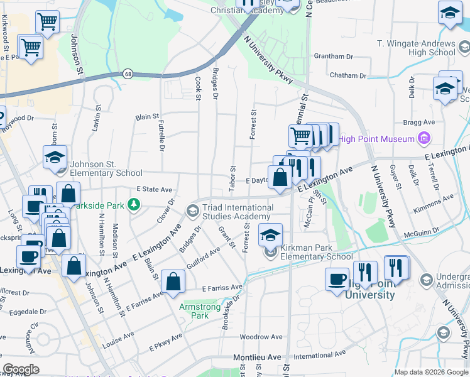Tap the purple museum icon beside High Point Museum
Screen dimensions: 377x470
[424, 138]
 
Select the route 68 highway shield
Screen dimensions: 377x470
[128, 74]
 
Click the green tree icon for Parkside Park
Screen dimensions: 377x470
[133, 204]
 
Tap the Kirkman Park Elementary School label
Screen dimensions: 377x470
[317, 252]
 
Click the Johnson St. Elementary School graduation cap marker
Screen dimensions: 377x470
[55, 157]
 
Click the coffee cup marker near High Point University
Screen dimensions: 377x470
[337, 278]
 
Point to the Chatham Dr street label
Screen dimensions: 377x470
[347, 75]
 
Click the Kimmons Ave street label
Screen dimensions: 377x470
[439, 202]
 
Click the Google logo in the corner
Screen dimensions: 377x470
[21, 369]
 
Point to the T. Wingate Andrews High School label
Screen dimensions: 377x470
[415, 48]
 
